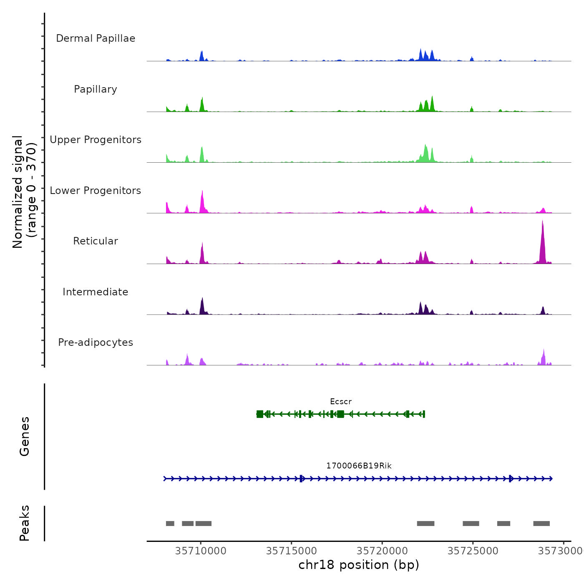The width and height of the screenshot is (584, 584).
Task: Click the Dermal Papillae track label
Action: pyautogui.click(x=96, y=38)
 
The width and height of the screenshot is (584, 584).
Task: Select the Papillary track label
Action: pyautogui.click(x=96, y=89)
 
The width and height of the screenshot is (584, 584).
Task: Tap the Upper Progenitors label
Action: pyautogui.click(x=96, y=140)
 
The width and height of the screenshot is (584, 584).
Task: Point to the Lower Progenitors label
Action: pyautogui.click(x=96, y=191)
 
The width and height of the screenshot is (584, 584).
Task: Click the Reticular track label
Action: pyautogui.click(x=96, y=241)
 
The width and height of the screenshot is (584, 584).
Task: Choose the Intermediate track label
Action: pyautogui.click(x=96, y=292)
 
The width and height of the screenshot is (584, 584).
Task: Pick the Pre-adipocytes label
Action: pyautogui.click(x=96, y=342)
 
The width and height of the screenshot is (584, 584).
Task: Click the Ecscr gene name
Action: pyautogui.click(x=341, y=402)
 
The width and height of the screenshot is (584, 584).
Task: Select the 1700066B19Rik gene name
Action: pyautogui.click(x=359, y=466)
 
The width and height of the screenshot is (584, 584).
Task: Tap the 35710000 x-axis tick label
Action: pyautogui.click(x=201, y=551)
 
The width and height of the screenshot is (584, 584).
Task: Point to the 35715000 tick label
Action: pyautogui.click(x=291, y=551)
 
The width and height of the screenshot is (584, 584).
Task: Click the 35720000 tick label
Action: pyautogui.click(x=383, y=551)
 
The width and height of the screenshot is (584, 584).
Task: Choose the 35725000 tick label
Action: pyautogui.click(x=473, y=551)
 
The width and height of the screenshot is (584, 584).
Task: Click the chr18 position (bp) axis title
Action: pyautogui.click(x=359, y=565)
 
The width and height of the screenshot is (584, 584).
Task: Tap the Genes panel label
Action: pyautogui.click(x=25, y=436)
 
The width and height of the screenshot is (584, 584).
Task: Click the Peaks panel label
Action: pyautogui.click(x=25, y=523)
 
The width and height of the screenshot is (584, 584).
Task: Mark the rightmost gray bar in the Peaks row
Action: pyautogui.click(x=541, y=524)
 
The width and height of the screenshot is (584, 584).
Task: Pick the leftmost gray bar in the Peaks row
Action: pyautogui.click(x=170, y=524)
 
